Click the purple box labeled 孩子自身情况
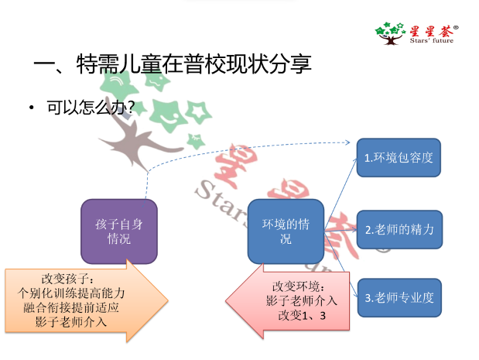118,231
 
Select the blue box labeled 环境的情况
286,231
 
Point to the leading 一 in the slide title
43,63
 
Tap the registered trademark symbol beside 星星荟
456,27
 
